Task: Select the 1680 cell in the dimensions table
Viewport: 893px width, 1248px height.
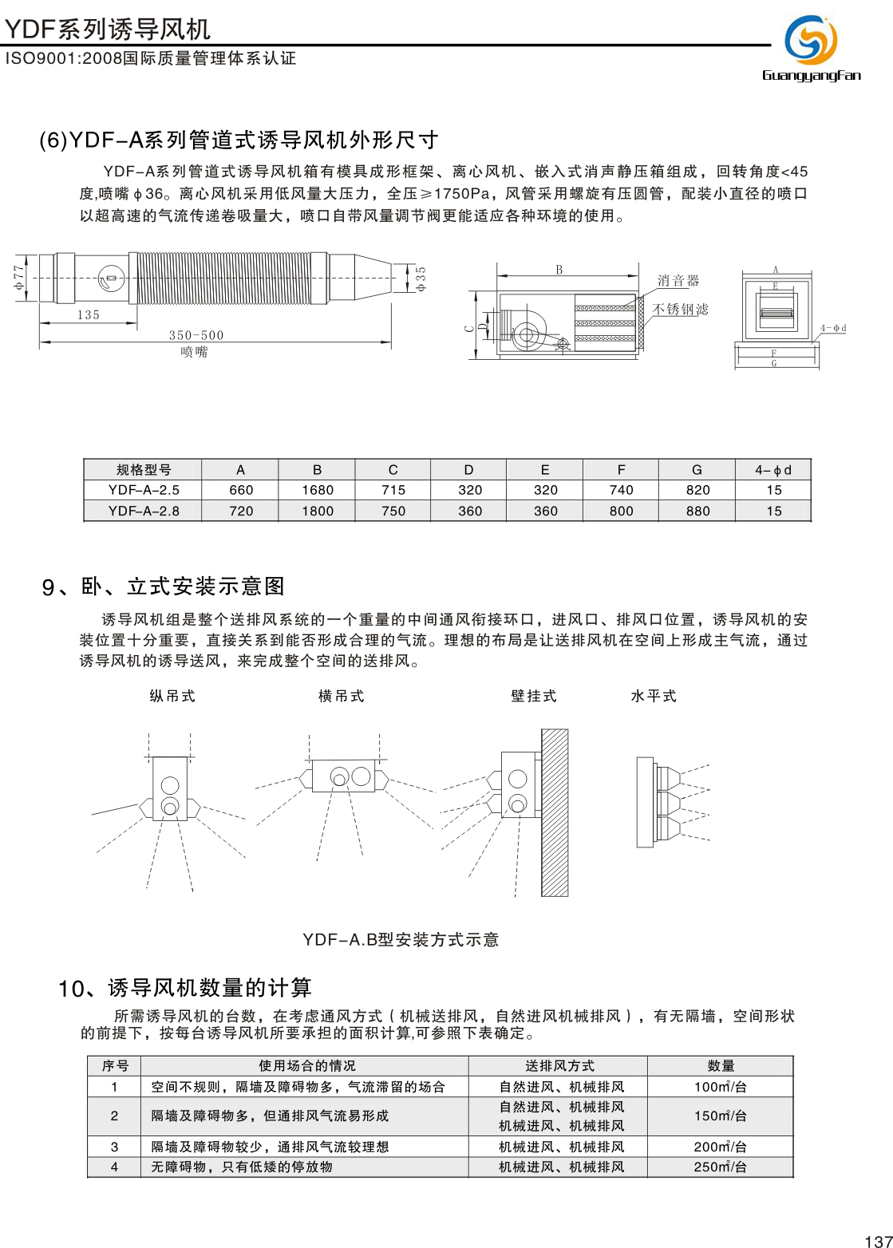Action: [x=317, y=490]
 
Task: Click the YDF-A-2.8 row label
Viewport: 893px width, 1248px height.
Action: [x=144, y=511]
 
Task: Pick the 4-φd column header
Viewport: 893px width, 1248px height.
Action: [x=773, y=470]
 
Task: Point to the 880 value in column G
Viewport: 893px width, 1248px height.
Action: [x=697, y=511]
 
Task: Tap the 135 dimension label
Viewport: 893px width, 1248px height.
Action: [x=89, y=315]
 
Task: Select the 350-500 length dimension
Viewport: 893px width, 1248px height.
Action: [x=196, y=335]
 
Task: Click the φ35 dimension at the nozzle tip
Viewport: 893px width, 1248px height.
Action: [x=421, y=278]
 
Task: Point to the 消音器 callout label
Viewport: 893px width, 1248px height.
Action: [x=678, y=281]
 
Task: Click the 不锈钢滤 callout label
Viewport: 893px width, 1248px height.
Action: [x=680, y=310]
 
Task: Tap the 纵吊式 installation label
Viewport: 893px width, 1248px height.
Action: [x=172, y=696]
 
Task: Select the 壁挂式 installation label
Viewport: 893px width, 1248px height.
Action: [x=534, y=696]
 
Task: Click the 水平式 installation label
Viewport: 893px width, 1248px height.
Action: [x=654, y=696]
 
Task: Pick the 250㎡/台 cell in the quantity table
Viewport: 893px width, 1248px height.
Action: [x=720, y=1167]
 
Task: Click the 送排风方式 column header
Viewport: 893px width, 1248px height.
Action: [x=559, y=1066]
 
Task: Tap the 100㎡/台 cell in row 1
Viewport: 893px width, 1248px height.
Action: [x=720, y=1087]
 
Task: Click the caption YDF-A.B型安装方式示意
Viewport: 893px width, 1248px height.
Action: [x=401, y=940]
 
